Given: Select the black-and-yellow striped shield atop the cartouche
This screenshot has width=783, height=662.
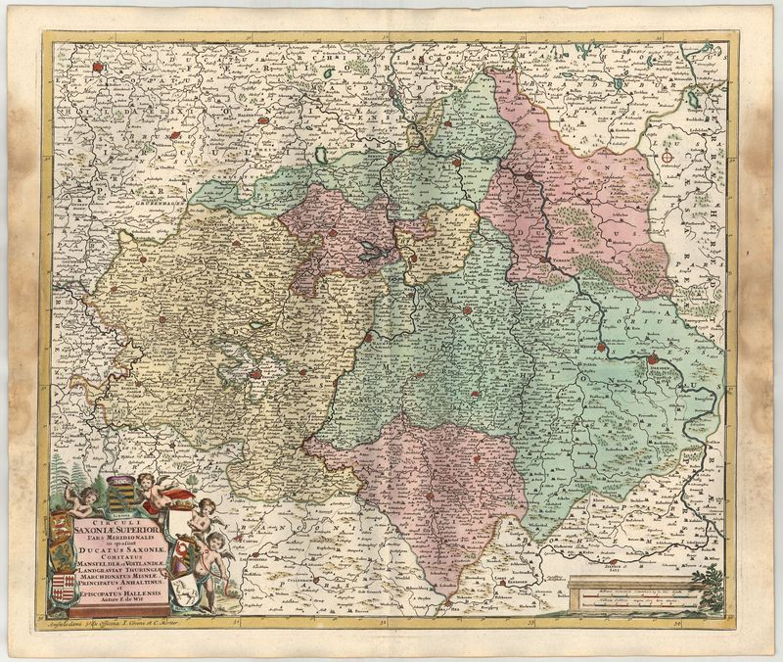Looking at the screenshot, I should tap(119, 481).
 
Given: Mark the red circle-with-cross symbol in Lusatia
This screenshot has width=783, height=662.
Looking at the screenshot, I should tap(669, 154).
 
